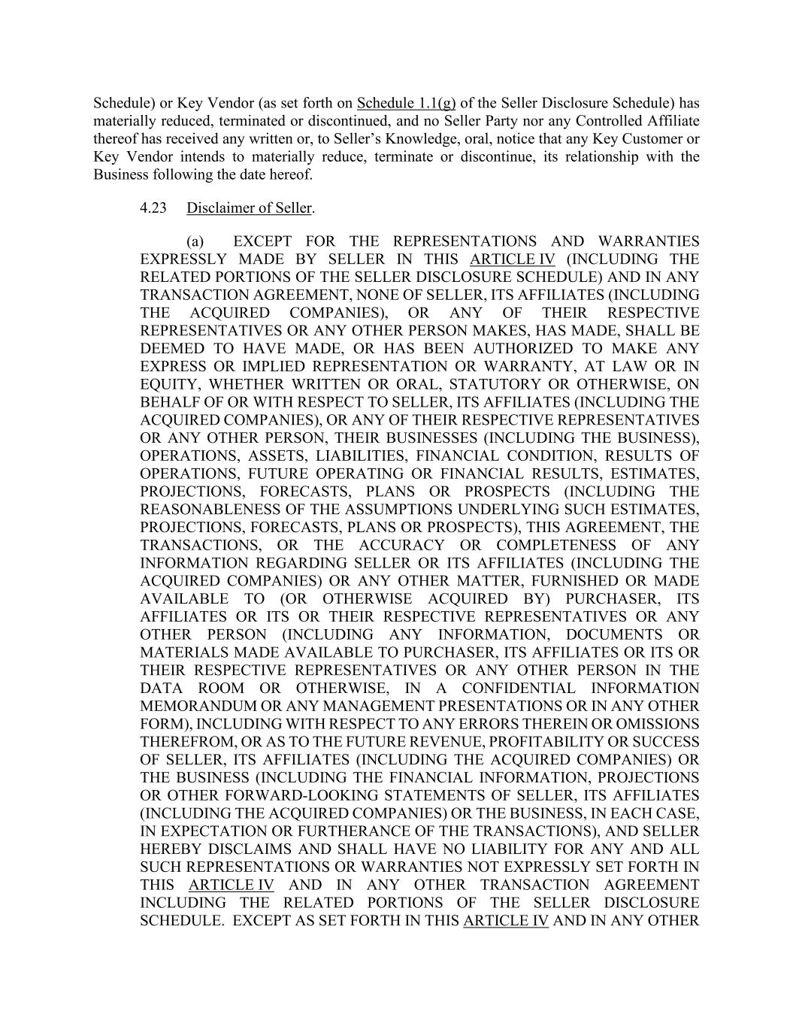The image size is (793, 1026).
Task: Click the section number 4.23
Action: coord(153,207)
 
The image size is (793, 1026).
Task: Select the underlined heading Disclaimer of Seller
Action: coord(250,207)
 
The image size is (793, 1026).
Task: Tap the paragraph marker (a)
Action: coord(195,241)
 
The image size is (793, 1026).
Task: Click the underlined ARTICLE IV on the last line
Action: coord(506,921)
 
